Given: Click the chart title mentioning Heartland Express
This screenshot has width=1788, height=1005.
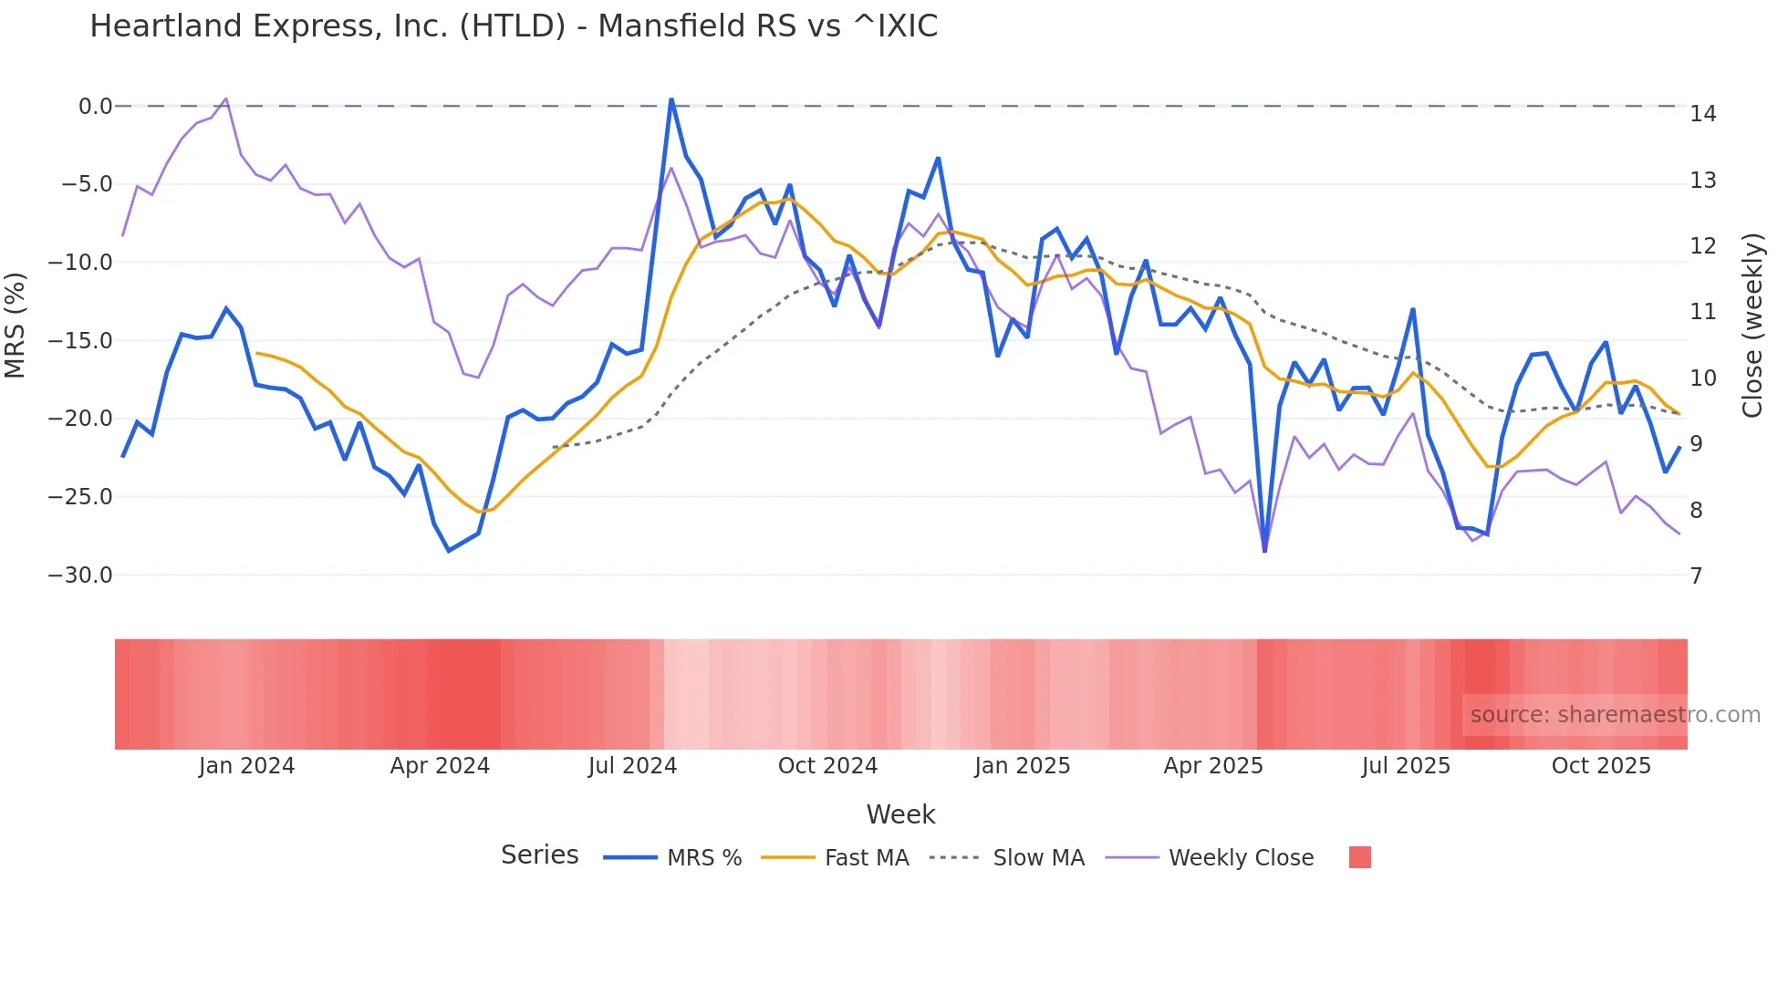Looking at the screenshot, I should (514, 26).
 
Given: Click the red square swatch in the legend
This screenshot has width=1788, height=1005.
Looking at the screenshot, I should (1359, 857).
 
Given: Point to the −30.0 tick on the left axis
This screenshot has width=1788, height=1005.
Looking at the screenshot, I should (80, 575).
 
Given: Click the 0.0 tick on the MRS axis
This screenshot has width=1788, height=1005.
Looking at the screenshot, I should (95, 107).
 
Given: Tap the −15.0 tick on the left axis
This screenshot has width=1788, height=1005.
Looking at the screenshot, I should (80, 341).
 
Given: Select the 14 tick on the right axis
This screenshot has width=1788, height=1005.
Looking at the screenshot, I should (1702, 114).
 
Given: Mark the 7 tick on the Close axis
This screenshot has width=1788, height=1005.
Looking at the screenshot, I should (1696, 576).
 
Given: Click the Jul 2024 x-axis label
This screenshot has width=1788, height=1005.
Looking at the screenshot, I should (632, 766).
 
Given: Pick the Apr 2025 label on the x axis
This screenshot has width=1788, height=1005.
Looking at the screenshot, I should (1212, 766).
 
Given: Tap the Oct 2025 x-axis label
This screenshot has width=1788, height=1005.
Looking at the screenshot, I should (1601, 766).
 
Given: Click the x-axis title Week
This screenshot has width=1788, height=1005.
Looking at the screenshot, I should (900, 814).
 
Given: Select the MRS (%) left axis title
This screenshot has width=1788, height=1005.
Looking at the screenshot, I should (16, 326).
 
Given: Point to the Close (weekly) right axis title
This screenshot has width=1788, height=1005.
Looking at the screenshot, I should (1752, 326).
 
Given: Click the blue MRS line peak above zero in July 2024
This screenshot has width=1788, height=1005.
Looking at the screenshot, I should (671, 99).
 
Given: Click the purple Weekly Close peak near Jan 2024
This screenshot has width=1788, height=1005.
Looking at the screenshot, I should (225, 98).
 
